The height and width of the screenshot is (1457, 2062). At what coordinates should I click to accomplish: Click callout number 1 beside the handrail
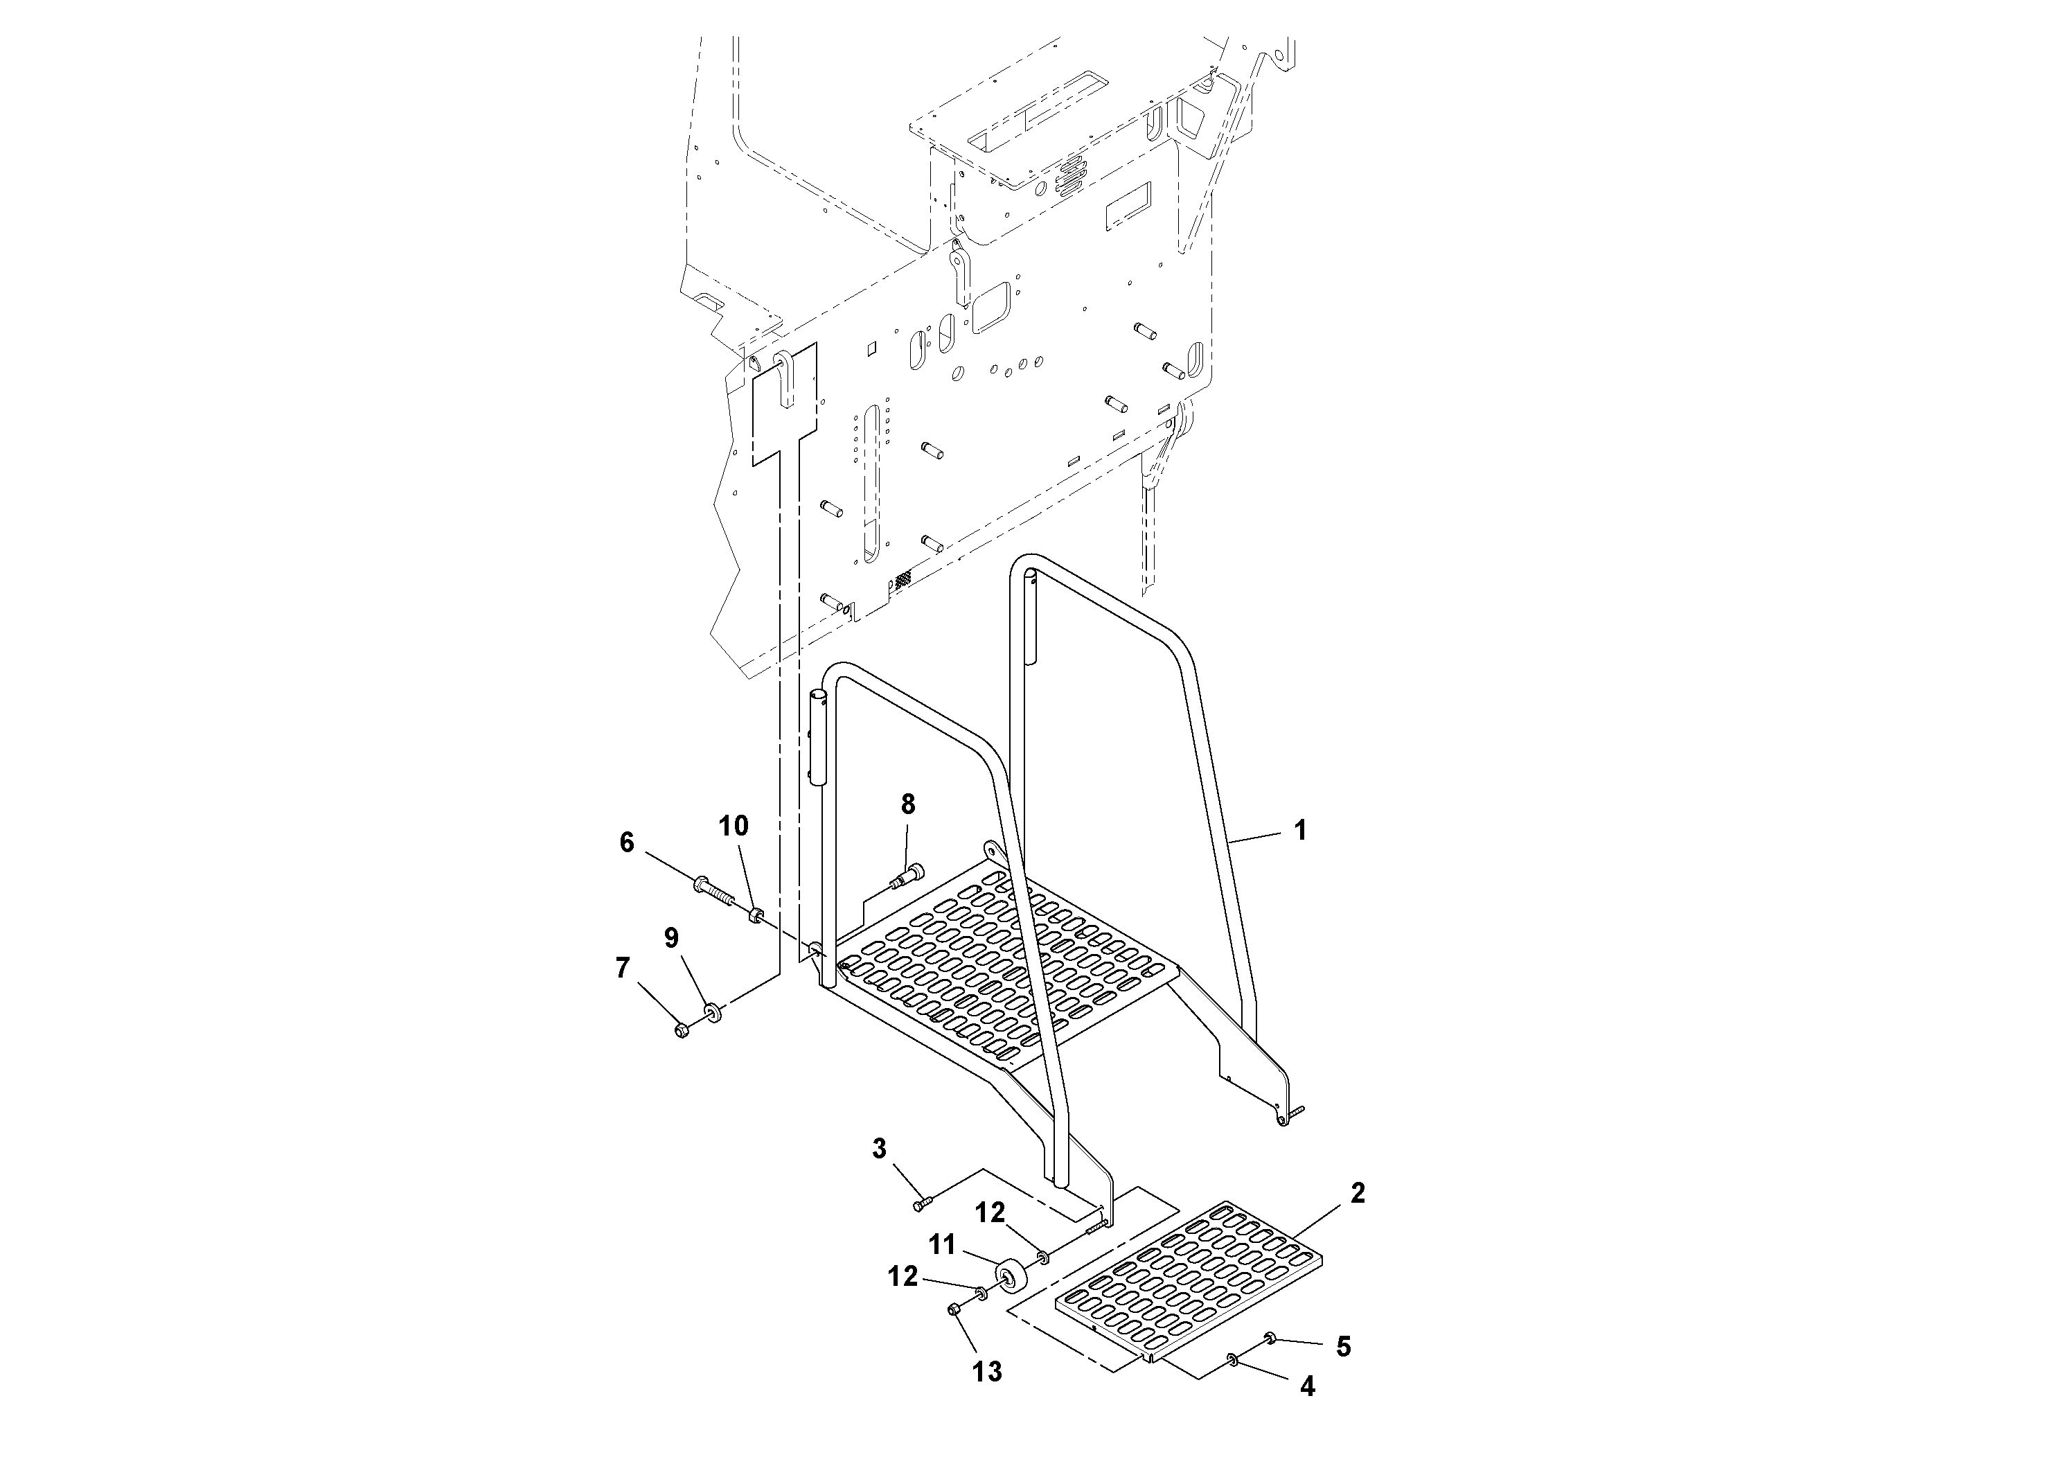[1299, 831]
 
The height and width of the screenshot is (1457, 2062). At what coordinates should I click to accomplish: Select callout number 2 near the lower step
[1357, 1193]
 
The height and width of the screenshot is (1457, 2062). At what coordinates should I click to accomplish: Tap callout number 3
[879, 1148]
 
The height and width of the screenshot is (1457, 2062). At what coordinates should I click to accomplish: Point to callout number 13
[987, 1372]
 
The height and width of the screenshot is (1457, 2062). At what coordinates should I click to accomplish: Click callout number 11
[941, 1245]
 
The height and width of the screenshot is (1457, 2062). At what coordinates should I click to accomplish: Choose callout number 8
[908, 804]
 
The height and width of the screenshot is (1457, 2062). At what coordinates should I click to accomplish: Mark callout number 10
[734, 826]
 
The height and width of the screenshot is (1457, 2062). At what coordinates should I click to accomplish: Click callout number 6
[627, 842]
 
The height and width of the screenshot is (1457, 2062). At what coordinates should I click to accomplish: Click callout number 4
[1308, 1387]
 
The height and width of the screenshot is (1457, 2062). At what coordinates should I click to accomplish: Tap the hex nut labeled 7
[681, 1030]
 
